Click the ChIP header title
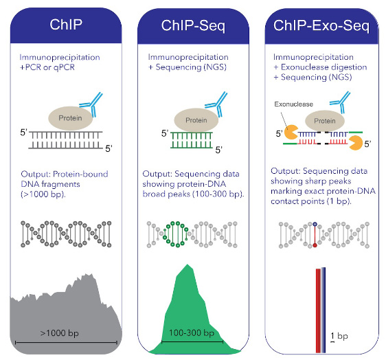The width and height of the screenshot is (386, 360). (x=67, y=25)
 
